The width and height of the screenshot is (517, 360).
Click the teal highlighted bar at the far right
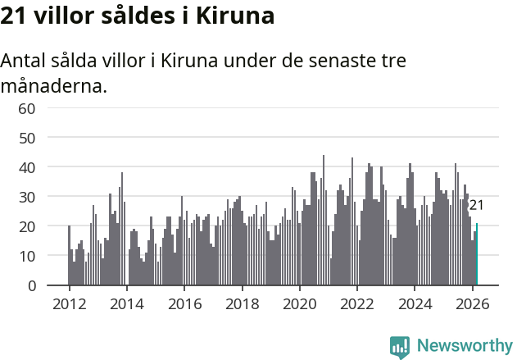[477, 254]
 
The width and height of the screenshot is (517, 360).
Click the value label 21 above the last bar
[476, 205]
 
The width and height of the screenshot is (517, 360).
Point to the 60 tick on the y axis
[27, 108]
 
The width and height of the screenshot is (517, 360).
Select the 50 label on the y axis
[27, 138]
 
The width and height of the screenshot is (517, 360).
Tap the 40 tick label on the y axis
[27, 167]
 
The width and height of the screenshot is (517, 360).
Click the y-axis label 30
[27, 197]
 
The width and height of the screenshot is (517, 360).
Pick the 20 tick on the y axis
[27, 226]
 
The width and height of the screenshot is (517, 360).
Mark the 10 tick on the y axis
[27, 256]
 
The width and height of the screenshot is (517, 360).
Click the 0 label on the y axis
[31, 285]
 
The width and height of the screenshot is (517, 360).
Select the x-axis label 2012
[69, 304]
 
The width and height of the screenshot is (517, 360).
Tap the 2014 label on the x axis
[126, 304]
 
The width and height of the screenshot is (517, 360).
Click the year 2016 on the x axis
[184, 304]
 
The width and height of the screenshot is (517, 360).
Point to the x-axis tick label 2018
[242, 304]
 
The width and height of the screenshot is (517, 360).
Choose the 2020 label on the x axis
[300, 304]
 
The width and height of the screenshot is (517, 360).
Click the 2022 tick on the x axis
[357, 304]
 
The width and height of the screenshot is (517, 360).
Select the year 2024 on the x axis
[415, 304]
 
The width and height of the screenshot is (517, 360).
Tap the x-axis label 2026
[473, 304]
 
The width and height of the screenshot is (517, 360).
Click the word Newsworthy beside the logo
[465, 345]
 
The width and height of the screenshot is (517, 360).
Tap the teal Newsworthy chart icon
[400, 347]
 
